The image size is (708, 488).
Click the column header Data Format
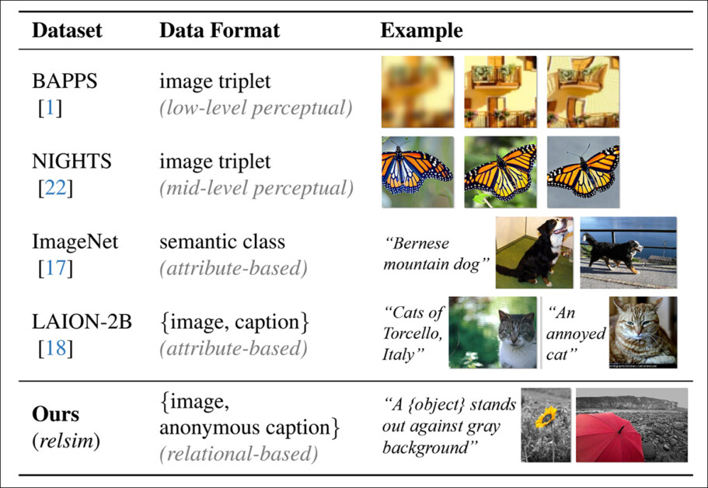pyautogui.click(x=219, y=31)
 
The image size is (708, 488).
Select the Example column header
pyautogui.click(x=421, y=31)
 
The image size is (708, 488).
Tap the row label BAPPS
pyautogui.click(x=65, y=82)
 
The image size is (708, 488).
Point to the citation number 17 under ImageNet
pyautogui.click(x=54, y=268)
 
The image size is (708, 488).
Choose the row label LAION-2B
pyautogui.click(x=82, y=322)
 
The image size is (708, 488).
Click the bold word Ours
pyautogui.click(x=56, y=413)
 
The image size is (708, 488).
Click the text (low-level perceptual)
pyautogui.click(x=256, y=108)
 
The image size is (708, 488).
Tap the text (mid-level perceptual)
pyautogui.click(x=256, y=188)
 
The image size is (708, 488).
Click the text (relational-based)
pyautogui.click(x=239, y=454)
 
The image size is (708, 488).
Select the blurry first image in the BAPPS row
pyautogui.click(x=417, y=92)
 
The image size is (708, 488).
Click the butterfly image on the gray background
pyautogui.click(x=583, y=173)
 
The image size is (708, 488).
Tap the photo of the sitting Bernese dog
pyautogui.click(x=534, y=253)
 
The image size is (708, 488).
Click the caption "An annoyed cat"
pyautogui.click(x=575, y=333)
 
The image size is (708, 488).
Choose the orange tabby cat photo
pyautogui.click(x=643, y=332)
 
